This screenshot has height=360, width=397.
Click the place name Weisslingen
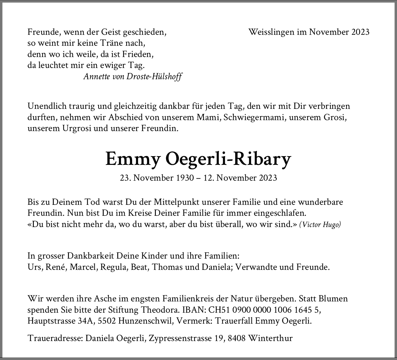[271, 32]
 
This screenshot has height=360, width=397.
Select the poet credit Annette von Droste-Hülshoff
[133, 77]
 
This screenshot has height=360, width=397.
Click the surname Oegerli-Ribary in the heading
[228, 159]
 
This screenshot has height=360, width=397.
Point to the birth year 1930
[184, 178]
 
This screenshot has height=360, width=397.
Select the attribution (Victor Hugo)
[320, 224]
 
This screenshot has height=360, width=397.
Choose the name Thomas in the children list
[167, 267]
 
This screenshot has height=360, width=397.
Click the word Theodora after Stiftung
[160, 310]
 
